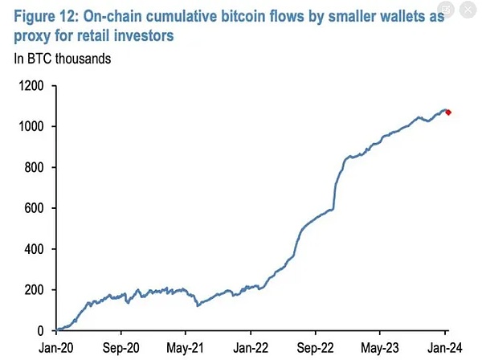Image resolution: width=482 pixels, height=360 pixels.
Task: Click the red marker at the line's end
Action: pos(448,112)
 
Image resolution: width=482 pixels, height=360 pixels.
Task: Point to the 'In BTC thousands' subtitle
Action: pos(63,58)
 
